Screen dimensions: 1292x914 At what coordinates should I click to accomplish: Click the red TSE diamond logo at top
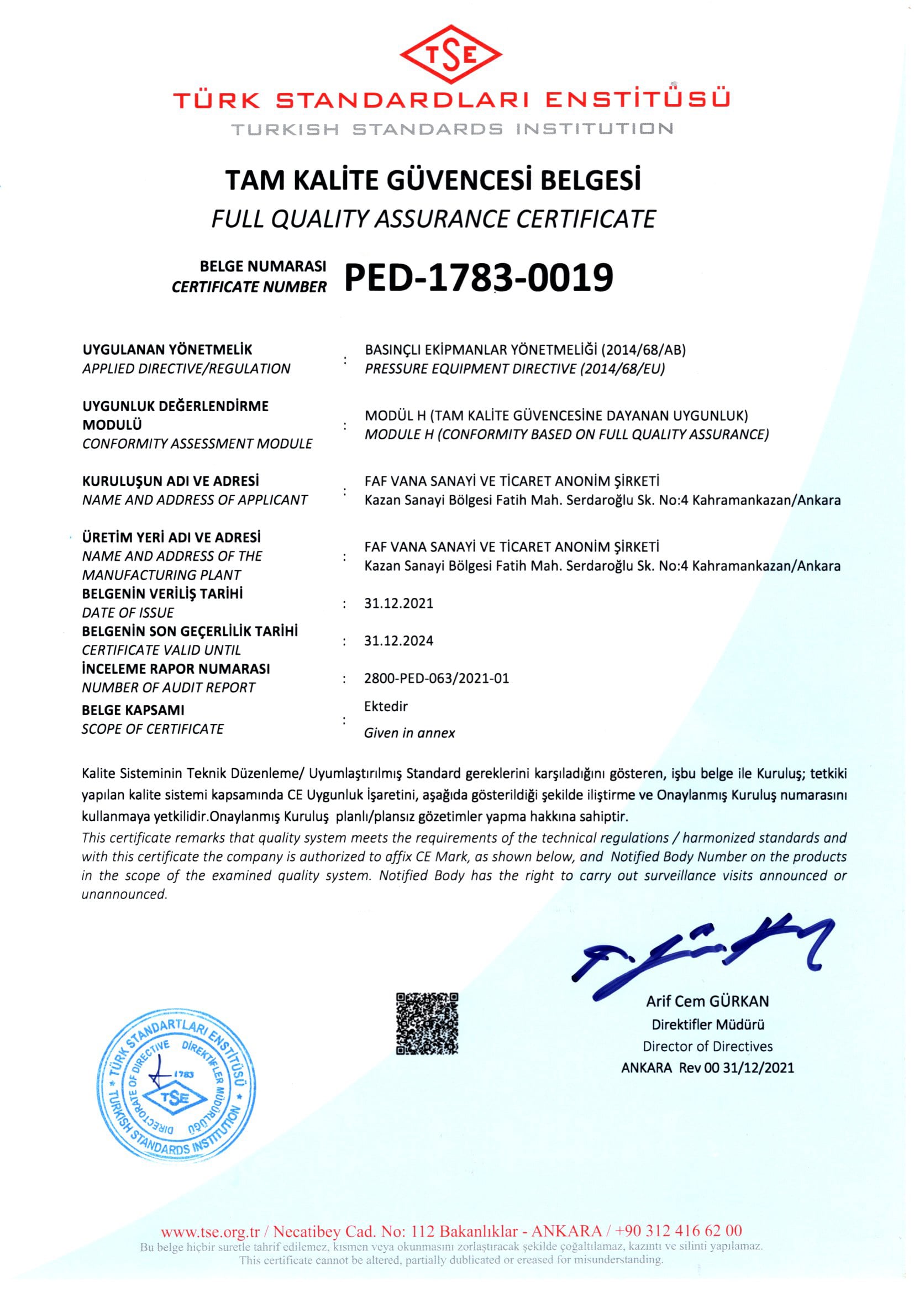[451, 55]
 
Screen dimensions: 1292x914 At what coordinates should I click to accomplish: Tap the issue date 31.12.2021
[398, 603]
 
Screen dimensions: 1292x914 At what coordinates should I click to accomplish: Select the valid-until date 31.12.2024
[398, 640]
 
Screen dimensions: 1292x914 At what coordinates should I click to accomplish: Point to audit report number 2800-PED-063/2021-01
[436, 678]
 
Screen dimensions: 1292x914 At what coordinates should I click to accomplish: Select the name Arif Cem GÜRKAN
[707, 1001]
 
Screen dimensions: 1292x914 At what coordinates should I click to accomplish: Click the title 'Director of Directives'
[707, 1046]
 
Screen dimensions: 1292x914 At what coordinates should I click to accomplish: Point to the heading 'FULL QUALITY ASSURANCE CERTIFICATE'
[433, 219]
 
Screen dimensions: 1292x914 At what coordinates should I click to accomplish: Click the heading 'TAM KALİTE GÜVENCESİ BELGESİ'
[433, 181]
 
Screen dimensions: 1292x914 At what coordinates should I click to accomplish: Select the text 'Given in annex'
[409, 733]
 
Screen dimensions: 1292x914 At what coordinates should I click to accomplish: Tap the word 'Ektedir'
[386, 706]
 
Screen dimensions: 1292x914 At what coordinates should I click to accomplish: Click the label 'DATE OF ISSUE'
[128, 612]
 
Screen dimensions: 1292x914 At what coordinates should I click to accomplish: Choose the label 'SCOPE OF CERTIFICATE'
[153, 729]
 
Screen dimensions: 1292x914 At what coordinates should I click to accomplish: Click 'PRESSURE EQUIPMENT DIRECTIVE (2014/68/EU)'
[514, 369]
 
